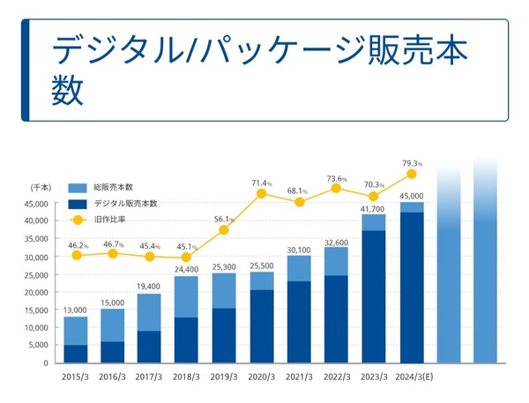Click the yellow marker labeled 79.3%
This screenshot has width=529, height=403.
(411, 174)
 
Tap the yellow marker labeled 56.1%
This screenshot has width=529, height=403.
(224, 230)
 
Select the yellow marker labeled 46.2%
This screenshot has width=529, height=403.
(77, 255)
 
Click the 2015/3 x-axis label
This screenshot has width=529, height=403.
(75, 377)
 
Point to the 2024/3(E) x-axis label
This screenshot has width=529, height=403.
(414, 377)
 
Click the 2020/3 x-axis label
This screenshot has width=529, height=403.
(262, 377)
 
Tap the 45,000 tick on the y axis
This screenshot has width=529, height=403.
(36, 205)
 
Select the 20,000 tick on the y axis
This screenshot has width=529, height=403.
(36, 292)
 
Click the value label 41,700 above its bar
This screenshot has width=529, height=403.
(373, 209)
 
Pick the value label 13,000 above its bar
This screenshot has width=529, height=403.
(75, 310)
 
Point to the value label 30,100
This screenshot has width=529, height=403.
(299, 250)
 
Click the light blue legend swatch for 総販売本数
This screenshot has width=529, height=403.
(78, 188)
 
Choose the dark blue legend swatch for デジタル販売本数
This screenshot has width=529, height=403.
(78, 205)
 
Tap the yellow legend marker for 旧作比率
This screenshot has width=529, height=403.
(78, 220)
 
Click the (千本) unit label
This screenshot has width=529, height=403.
(41, 188)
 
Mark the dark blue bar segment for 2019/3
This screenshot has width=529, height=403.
(224, 335)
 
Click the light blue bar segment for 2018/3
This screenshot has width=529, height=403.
(186, 297)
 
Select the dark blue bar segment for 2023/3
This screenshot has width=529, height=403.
(374, 296)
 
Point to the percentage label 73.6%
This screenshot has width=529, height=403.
(337, 179)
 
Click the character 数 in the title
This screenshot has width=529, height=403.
(68, 90)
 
